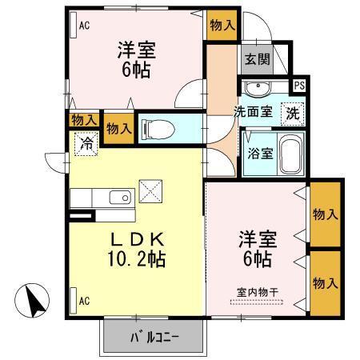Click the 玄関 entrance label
tap(256, 58)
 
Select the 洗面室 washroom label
tap(252, 113)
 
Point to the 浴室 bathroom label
tap(259, 151)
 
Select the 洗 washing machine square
tap(294, 113)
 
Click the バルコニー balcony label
tap(154, 336)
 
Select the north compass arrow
tap(34, 302)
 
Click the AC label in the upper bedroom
tap(83, 25)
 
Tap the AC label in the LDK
tap(83, 301)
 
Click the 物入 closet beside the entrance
tap(222, 25)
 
